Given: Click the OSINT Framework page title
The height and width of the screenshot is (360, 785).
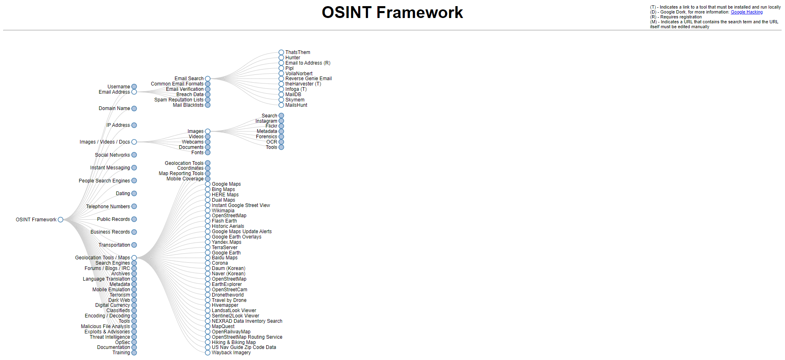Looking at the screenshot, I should click(x=392, y=13).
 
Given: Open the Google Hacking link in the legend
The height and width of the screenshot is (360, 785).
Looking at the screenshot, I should click(x=747, y=12).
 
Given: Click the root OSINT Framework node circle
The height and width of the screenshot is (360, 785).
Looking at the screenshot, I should click(x=61, y=220).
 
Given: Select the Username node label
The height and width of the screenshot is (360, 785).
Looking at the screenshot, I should click(x=119, y=87).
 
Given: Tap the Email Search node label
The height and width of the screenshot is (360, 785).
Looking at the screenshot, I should click(x=189, y=79).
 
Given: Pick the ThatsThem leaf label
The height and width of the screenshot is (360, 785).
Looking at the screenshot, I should click(x=298, y=52).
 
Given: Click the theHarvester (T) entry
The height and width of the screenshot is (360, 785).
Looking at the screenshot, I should click(x=303, y=84).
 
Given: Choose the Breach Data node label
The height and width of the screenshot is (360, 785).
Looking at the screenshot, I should click(x=190, y=94).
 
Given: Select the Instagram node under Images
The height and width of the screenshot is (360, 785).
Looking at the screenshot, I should click(x=266, y=121).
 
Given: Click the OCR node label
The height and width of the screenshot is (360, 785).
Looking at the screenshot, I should click(x=271, y=142).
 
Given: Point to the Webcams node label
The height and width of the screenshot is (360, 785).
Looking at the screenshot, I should click(x=193, y=142).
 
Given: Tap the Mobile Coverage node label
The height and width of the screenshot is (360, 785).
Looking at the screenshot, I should click(x=185, y=179).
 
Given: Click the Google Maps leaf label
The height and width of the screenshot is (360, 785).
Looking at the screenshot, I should click(x=226, y=184).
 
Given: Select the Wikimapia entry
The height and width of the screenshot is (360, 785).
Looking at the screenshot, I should click(x=223, y=211).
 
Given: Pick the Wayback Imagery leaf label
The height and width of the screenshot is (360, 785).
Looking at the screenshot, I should click(x=231, y=353).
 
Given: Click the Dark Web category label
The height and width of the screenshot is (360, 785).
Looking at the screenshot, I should click(x=119, y=300).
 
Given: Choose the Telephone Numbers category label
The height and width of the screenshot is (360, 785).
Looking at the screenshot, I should click(x=108, y=207).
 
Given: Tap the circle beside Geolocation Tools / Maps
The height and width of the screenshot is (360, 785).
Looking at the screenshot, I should click(x=134, y=258).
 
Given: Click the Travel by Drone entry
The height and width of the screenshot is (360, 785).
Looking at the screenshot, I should click(x=229, y=300).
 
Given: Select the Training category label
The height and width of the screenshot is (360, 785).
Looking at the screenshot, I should click(x=121, y=353).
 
